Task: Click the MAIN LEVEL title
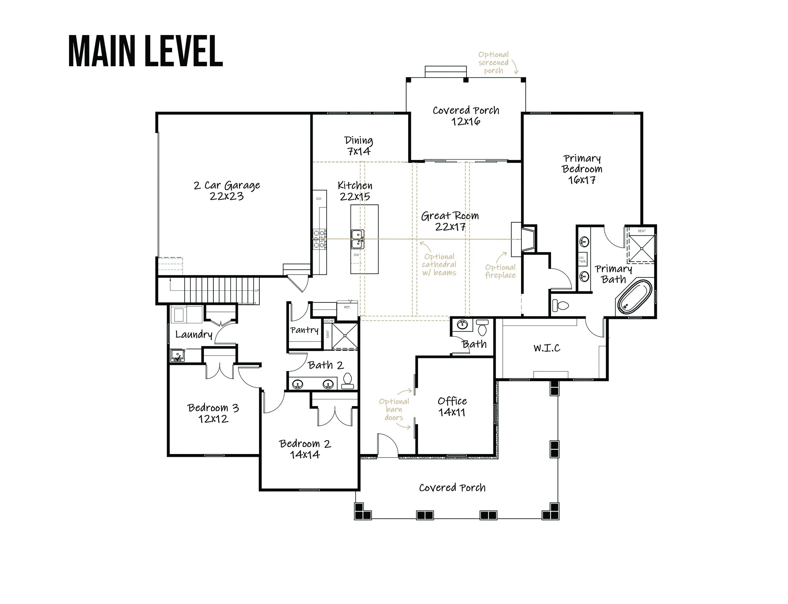point(145,51)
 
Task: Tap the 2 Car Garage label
point(227,191)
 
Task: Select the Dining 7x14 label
point(359,146)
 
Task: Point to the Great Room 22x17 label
point(450,221)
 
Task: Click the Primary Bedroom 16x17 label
point(582,169)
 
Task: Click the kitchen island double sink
point(357,239)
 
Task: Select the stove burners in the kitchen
point(319,239)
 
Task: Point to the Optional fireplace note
point(500,271)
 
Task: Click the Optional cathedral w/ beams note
point(439,265)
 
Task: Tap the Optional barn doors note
point(394,410)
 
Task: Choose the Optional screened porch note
point(493,63)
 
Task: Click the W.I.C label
point(547,348)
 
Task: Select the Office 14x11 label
point(452,407)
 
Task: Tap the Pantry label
point(304,331)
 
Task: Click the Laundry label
point(194,335)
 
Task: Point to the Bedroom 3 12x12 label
point(213,413)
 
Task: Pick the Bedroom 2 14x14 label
point(305,449)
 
